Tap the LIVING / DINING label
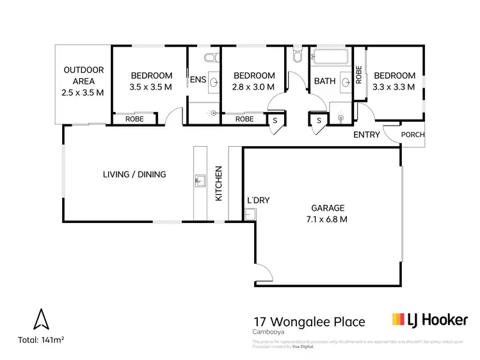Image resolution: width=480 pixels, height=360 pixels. [134, 174]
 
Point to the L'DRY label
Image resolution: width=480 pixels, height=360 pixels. [258, 200]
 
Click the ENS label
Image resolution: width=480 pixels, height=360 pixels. [197, 81]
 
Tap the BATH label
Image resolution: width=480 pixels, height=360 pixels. [324, 81]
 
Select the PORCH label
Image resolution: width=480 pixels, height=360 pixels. [412, 135]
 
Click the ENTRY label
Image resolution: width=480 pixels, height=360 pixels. [367, 135]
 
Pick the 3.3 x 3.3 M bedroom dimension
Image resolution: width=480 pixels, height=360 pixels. [394, 86]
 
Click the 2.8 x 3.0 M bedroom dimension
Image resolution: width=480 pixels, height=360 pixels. [254, 86]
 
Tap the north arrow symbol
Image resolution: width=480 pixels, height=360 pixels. [41, 319]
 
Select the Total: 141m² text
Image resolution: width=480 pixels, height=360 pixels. [40, 340]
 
